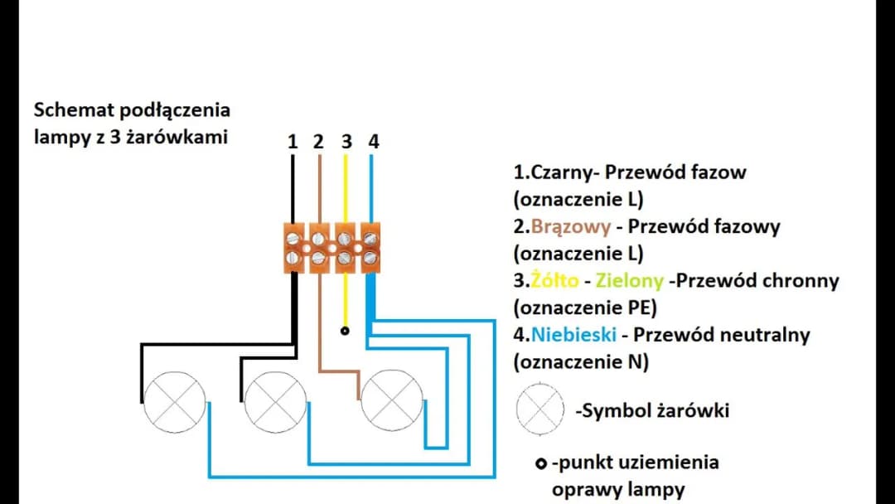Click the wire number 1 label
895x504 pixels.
point(292,142)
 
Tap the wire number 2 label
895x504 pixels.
point(318,142)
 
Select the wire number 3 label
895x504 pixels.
point(346,142)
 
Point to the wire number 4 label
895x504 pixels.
point(374,142)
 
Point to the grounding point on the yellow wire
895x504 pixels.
point(345,331)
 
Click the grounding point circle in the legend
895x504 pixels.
point(540,463)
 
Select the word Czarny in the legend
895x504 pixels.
point(558,173)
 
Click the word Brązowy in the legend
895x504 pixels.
point(570,227)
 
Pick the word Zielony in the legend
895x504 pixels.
point(631,281)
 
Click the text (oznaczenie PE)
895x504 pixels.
point(584,308)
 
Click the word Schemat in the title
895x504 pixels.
point(74,110)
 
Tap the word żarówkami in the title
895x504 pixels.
point(175,137)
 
